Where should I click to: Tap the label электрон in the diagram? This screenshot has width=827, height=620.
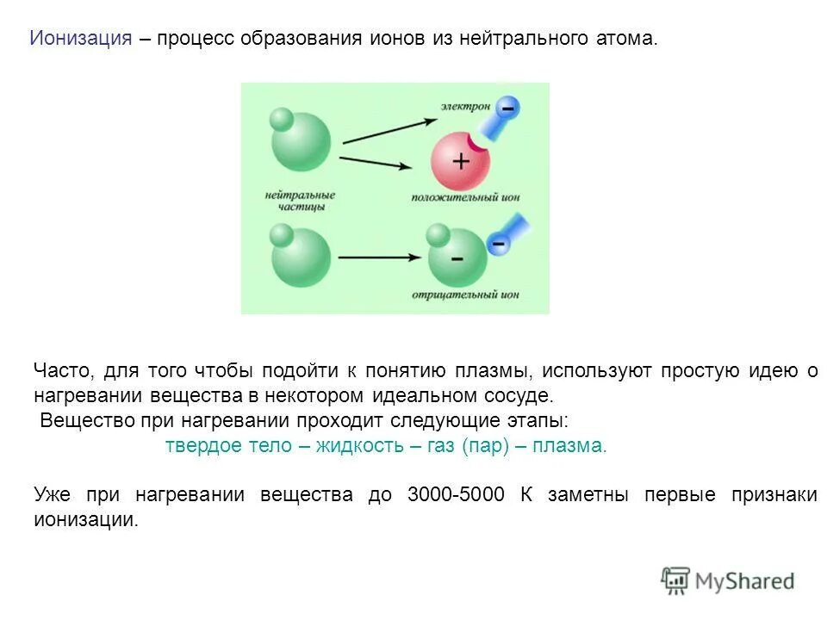(x=465, y=106)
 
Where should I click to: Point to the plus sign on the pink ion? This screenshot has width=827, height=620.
(x=461, y=161)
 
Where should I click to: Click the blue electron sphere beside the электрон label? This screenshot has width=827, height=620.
(x=508, y=109)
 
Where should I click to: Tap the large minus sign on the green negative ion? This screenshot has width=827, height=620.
(x=457, y=258)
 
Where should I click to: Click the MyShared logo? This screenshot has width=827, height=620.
(x=728, y=580)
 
